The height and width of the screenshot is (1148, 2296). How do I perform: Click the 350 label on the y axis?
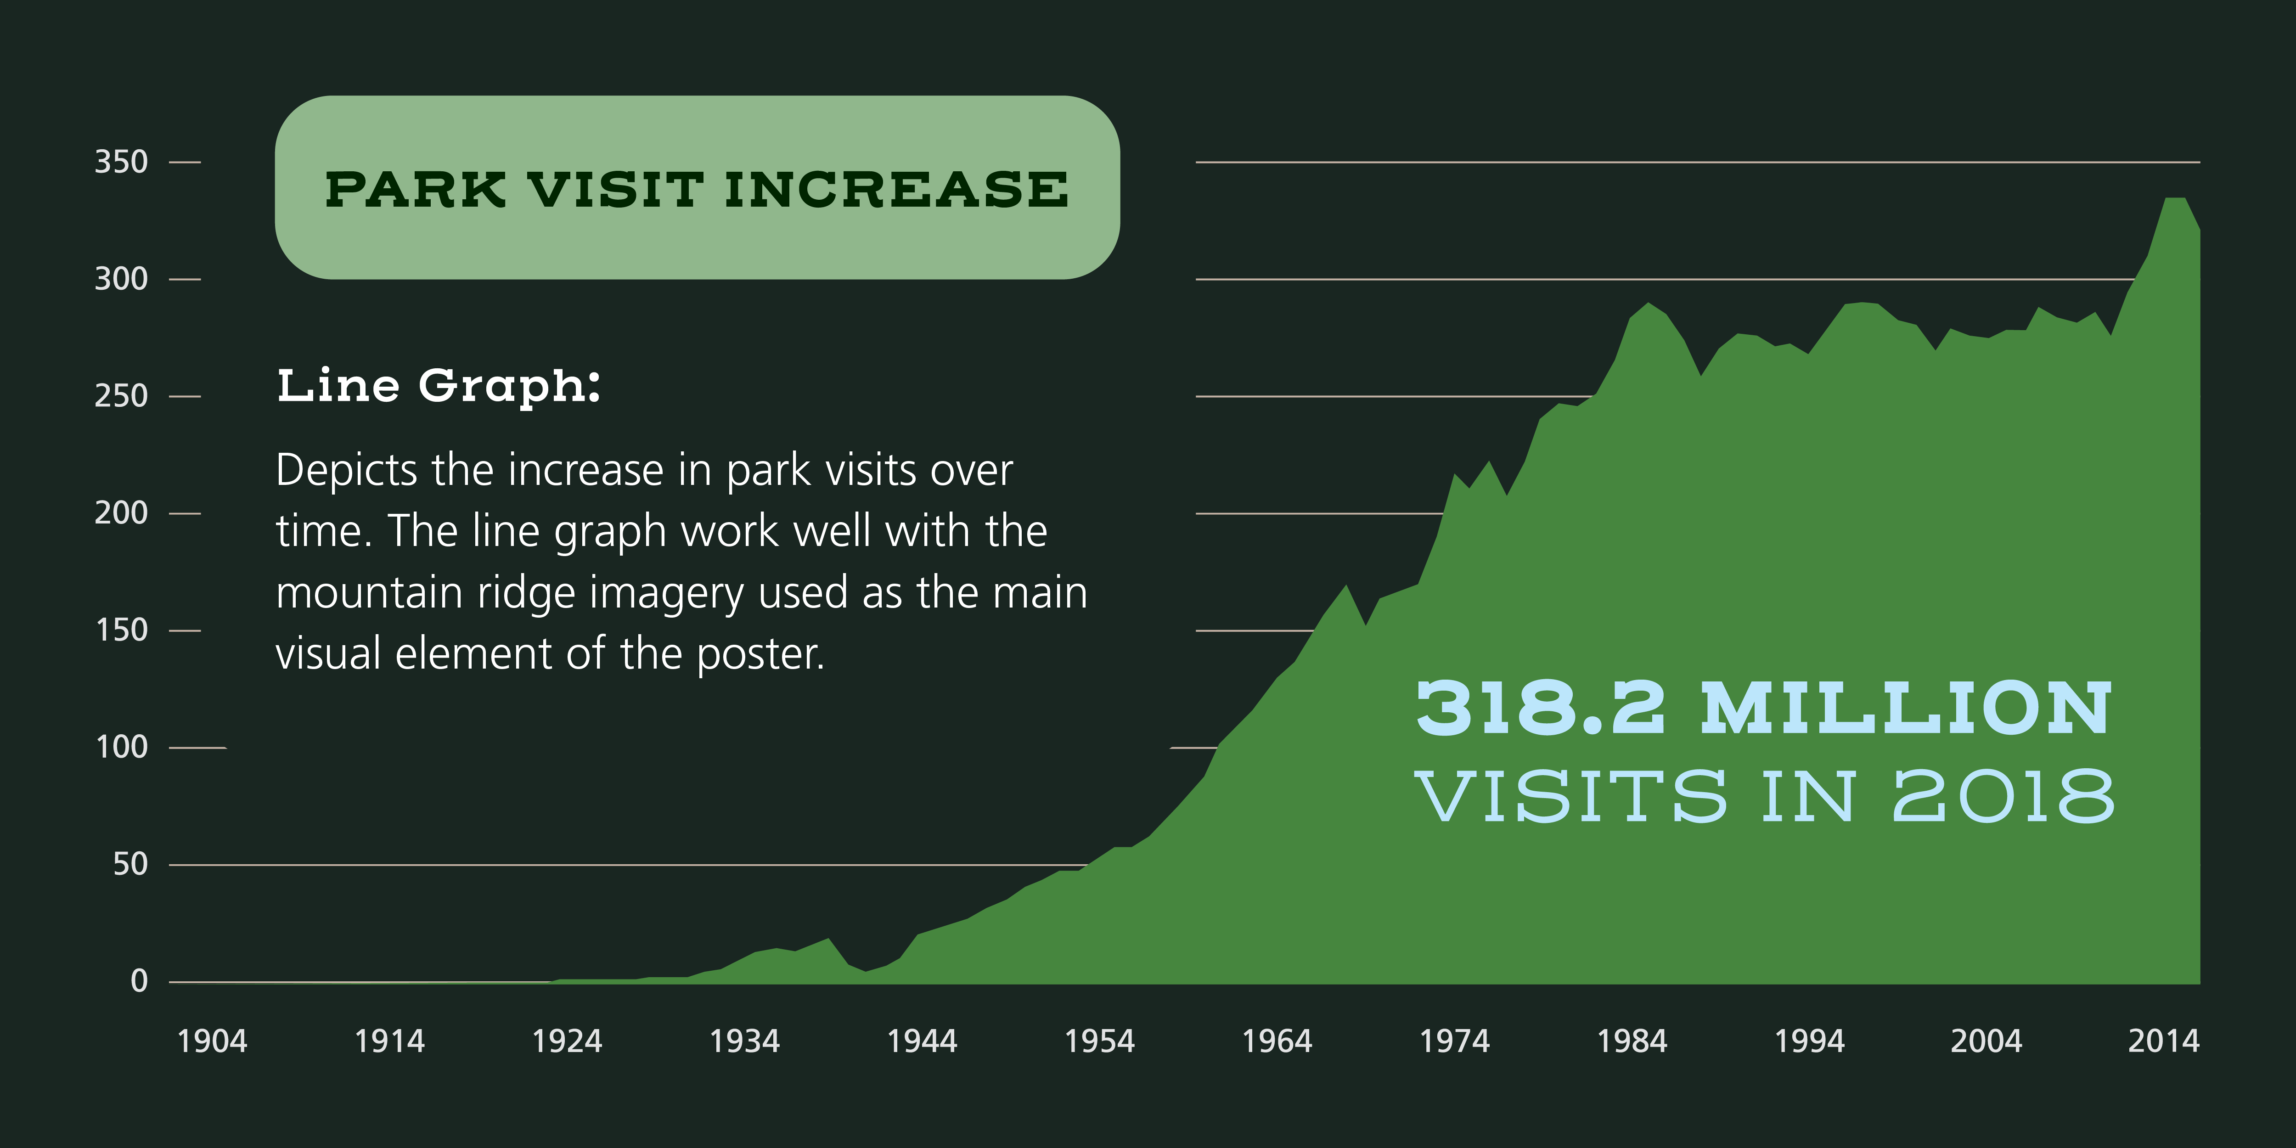click(x=121, y=162)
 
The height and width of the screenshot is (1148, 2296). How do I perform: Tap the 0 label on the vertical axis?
click(x=139, y=981)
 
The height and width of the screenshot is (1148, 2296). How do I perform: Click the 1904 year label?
click(x=212, y=1041)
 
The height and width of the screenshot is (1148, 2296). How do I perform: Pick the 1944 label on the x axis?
click(x=922, y=1041)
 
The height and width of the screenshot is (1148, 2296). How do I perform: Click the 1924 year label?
click(x=567, y=1041)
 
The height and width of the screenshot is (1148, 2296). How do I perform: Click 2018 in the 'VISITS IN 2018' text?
click(x=2003, y=796)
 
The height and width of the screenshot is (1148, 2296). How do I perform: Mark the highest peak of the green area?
click(x=2175, y=198)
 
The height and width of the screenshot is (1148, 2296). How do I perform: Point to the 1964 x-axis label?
click(x=1277, y=1041)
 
